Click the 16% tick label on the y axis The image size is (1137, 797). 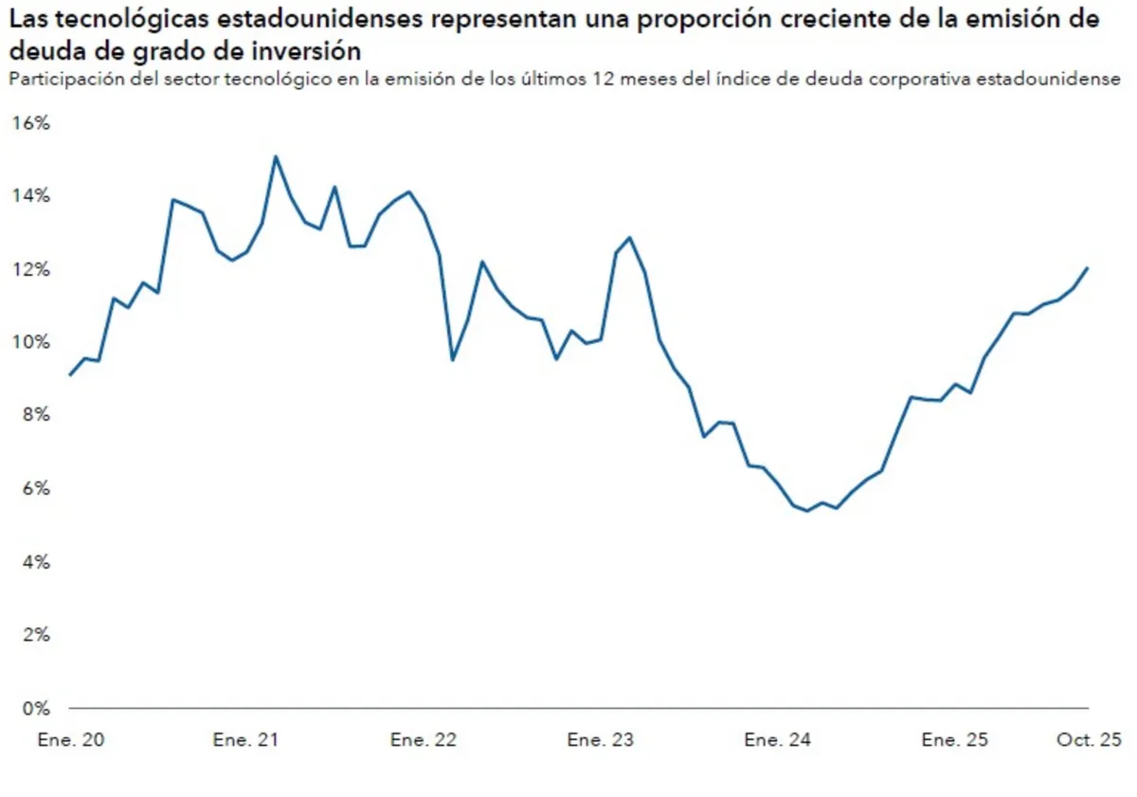[x=30, y=123]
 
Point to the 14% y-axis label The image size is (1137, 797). [x=30, y=196]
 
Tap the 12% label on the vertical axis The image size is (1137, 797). [x=30, y=269]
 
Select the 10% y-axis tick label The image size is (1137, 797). [x=30, y=342]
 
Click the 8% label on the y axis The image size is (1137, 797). [x=33, y=415]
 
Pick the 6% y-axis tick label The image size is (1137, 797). [x=33, y=488]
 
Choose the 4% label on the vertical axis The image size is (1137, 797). [x=33, y=562]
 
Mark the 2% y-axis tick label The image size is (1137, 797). [x=33, y=635]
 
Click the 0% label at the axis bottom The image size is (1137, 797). [x=33, y=708]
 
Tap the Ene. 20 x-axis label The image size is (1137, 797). [x=70, y=740]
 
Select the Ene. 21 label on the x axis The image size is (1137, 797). [x=245, y=740]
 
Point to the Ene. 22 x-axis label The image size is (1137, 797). [x=423, y=740]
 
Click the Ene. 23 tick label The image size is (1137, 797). [x=600, y=740]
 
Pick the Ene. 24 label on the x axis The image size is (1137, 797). [x=777, y=740]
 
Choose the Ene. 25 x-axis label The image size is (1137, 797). [x=954, y=740]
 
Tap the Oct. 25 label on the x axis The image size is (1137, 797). [x=1089, y=740]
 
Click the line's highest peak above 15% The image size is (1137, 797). [x=276, y=157]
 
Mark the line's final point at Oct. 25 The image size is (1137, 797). [x=1088, y=268]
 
